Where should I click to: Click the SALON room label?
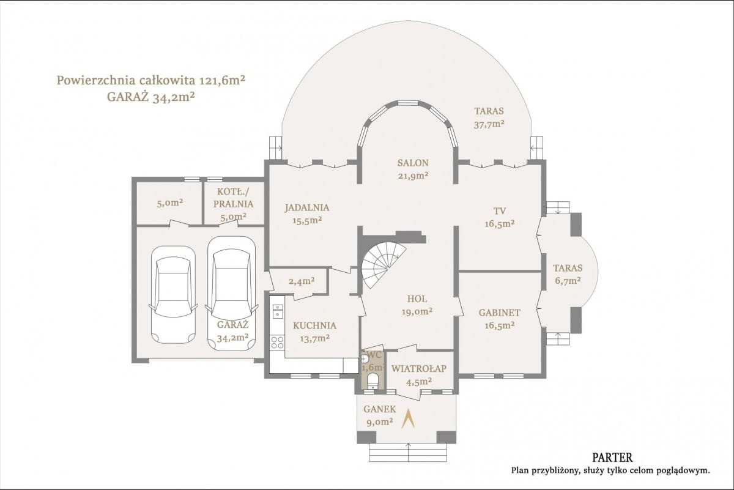pyautogui.click(x=413, y=163)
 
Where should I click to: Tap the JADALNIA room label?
pyautogui.click(x=306, y=208)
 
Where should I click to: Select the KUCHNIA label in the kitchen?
pyautogui.click(x=314, y=326)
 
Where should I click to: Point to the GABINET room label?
pyautogui.click(x=499, y=313)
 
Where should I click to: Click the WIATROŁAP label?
pyautogui.click(x=419, y=369)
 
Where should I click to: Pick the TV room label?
pyautogui.click(x=500, y=211)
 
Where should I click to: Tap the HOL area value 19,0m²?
pyautogui.click(x=417, y=311)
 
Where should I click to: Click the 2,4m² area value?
pyautogui.click(x=302, y=281)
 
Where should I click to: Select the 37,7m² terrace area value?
pyautogui.click(x=489, y=125)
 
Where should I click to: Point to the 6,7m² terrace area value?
pyautogui.click(x=568, y=281)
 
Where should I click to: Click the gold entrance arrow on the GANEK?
pyautogui.click(x=409, y=418)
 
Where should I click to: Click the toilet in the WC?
pyautogui.click(x=373, y=382)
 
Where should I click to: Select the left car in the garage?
pyautogui.click(x=173, y=295)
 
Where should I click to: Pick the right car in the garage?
pyautogui.click(x=231, y=294)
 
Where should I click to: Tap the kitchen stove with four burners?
pyautogui.click(x=277, y=342)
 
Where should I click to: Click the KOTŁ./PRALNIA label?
pyautogui.click(x=233, y=198)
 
